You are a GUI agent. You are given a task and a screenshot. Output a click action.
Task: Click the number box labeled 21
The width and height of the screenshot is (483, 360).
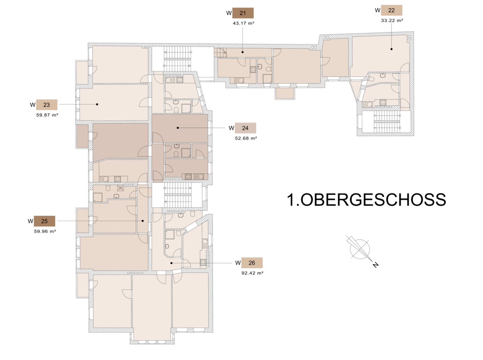[243, 13]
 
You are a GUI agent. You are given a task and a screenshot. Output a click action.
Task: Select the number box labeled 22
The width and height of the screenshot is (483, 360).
[391, 10]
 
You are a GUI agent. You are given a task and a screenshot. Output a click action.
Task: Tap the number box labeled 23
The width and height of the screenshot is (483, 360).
[46, 105]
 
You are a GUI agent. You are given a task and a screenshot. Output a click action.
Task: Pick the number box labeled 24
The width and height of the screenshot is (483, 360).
[245, 128]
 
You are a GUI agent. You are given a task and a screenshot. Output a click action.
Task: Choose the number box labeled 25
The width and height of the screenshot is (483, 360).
[45, 221]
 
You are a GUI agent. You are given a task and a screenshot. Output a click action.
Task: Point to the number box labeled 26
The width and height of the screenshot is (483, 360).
[252, 263]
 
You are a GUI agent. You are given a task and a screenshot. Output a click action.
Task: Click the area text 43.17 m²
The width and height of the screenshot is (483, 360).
[243, 23]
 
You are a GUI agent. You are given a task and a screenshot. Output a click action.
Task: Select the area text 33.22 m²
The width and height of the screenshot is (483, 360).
[392, 20]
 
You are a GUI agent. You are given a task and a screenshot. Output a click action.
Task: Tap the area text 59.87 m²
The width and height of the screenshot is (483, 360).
[47, 115]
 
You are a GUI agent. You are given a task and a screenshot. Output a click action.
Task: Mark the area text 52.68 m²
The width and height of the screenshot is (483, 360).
[246, 138]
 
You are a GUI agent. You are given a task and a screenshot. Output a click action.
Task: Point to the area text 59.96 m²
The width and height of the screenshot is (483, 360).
[45, 231]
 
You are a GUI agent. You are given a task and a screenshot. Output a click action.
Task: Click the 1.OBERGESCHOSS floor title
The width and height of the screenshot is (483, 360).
[366, 200]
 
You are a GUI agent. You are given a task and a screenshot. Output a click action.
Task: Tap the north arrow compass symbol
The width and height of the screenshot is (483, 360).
[359, 248]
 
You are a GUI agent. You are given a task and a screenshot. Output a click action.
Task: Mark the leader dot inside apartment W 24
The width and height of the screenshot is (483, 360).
[178, 128]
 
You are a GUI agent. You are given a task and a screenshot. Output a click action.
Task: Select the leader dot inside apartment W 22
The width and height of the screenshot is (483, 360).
[391, 49]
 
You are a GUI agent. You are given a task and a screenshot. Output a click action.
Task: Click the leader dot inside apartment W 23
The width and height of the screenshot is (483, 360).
[97, 104]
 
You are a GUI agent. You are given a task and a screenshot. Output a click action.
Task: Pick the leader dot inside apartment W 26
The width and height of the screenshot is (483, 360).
[172, 263]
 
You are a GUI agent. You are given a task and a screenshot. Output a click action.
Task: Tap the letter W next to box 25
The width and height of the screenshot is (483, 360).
[30, 221]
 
